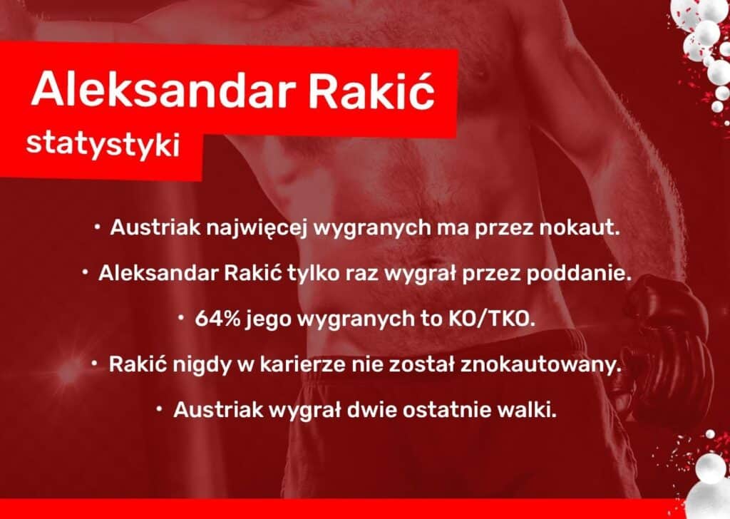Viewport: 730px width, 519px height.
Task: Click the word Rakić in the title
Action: coord(371,88)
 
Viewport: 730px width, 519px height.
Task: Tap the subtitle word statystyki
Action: coord(103,143)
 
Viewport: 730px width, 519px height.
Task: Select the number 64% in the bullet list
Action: coord(217,319)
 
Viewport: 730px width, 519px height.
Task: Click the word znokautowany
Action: coord(541,364)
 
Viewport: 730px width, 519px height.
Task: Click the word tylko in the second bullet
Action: coord(314,274)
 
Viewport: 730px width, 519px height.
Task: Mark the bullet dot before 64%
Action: coord(181,318)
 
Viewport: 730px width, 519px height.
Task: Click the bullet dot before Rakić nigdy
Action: coord(95,364)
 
